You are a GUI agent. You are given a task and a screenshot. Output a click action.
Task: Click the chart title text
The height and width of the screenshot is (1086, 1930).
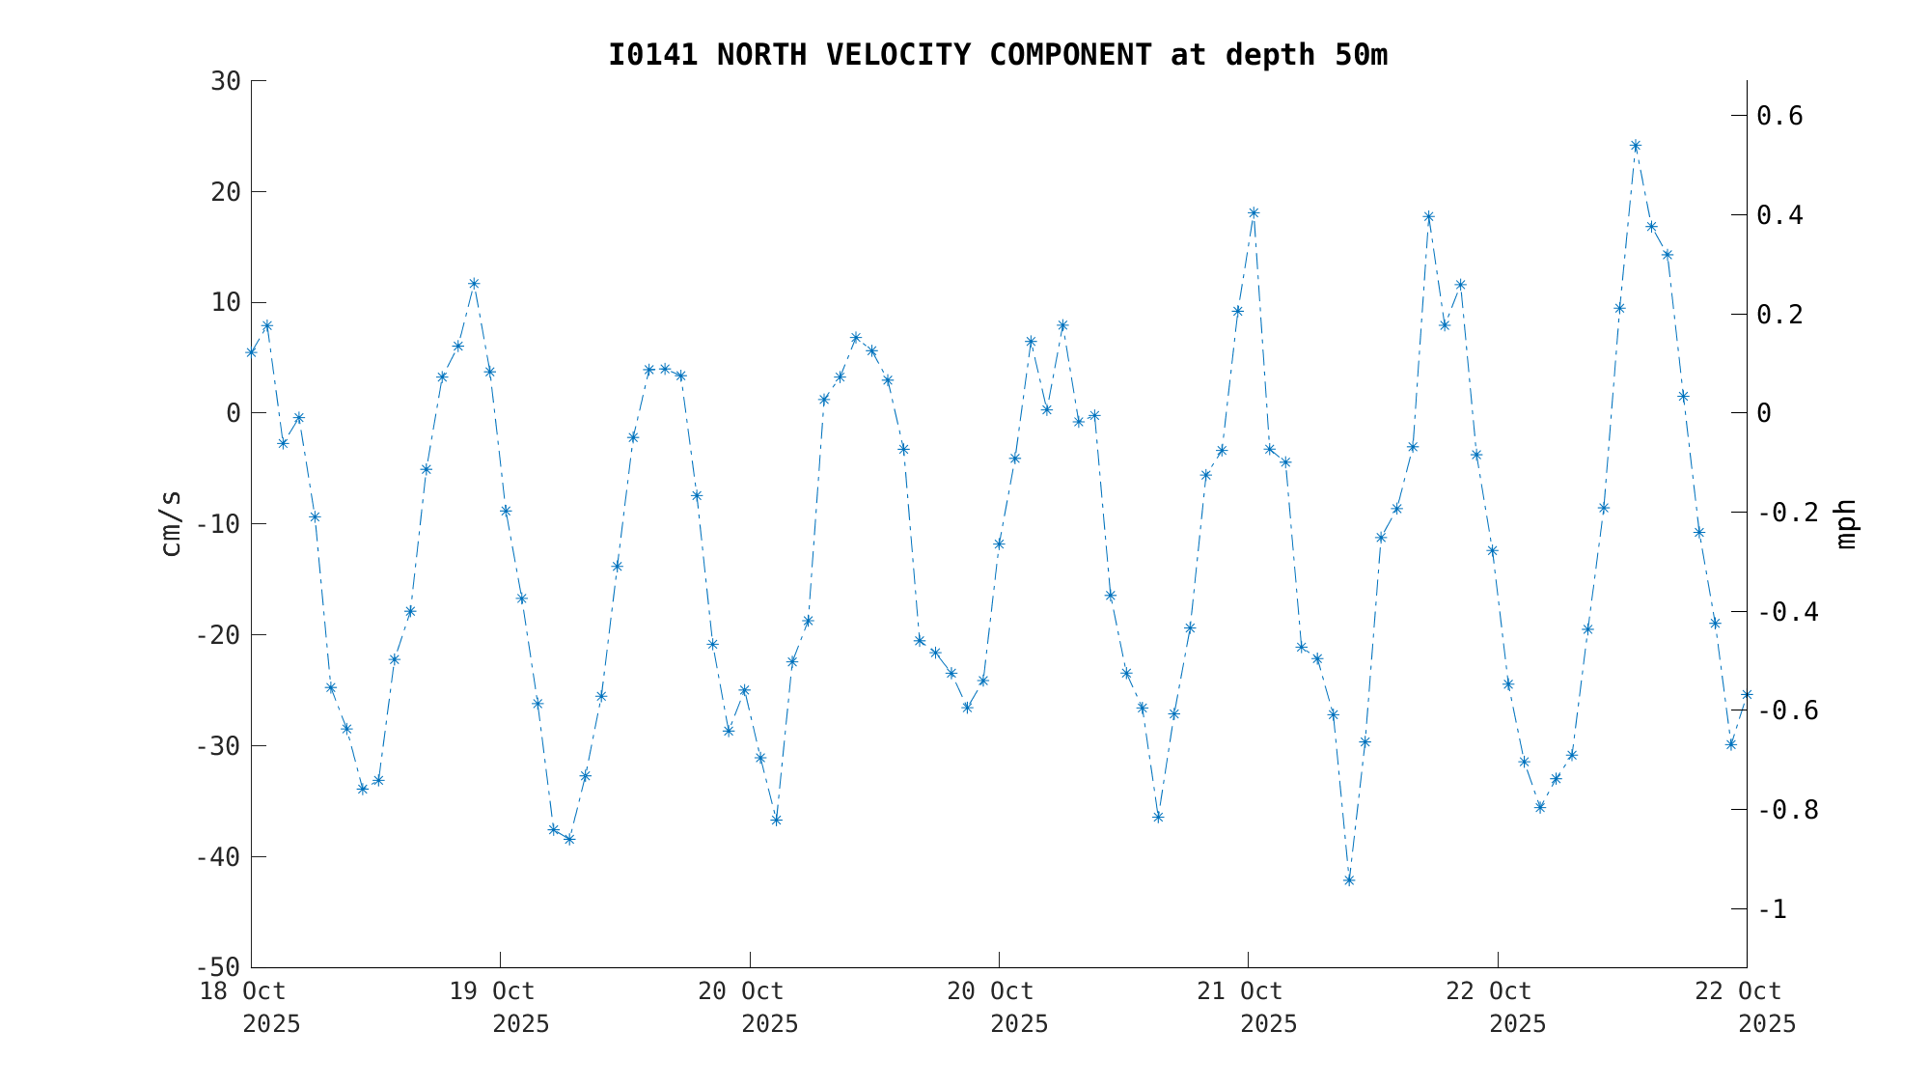997,55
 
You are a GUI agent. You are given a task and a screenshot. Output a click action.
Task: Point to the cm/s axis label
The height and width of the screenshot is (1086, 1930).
171,523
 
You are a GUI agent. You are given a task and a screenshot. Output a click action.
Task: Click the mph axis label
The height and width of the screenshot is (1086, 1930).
1845,524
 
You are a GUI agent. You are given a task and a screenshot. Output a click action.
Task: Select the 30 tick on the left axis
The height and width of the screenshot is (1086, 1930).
226,81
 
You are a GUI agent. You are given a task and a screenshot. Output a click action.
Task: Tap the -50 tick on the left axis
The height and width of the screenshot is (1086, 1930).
218,967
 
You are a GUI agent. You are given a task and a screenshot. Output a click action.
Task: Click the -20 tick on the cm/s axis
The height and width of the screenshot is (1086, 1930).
218,635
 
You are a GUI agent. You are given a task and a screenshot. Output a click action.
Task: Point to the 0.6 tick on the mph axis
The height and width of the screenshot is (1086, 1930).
1779,116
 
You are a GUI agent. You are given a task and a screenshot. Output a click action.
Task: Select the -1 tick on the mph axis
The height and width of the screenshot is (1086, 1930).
1772,909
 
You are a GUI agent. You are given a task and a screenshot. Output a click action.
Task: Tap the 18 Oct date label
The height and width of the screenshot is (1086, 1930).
242,991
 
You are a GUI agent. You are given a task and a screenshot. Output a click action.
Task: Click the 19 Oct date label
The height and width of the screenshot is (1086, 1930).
492,991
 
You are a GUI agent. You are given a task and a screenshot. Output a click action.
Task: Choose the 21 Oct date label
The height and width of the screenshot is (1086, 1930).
1240,991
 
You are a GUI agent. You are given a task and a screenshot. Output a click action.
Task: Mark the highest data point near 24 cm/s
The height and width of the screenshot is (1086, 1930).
1636,146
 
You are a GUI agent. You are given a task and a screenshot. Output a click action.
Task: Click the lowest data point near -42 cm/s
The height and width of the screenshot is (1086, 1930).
1349,879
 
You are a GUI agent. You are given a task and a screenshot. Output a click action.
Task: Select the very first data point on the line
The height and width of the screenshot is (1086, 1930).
251,352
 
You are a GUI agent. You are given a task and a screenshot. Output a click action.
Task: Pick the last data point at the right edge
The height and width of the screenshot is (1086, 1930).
1747,695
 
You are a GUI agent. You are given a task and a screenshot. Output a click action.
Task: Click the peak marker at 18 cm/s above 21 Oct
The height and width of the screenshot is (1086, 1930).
1254,213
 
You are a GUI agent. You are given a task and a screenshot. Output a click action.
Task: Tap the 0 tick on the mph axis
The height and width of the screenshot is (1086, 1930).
1764,413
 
